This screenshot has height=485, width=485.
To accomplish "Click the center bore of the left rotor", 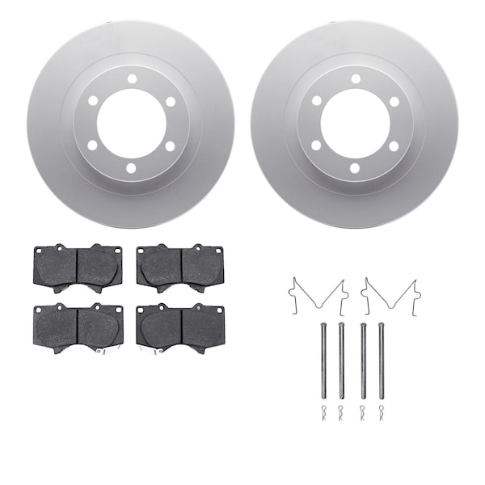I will (130, 124).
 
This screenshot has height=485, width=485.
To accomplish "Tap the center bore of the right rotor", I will (354, 124).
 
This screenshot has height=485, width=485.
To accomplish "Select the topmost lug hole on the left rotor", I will (130, 78).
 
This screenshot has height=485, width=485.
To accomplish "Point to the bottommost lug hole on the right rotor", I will (354, 169).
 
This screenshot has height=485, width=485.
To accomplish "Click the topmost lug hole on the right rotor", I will (354, 78).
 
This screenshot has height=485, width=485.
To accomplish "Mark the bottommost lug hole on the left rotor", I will (130, 169).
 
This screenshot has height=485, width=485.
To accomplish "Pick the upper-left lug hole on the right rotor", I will (315, 101).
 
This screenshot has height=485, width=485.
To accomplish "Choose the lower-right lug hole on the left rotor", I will (169, 146).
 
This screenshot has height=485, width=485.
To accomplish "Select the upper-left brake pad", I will (77, 266).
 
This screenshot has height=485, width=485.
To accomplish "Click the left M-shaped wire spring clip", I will (318, 294).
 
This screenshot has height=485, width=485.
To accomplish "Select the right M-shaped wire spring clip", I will (389, 294).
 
